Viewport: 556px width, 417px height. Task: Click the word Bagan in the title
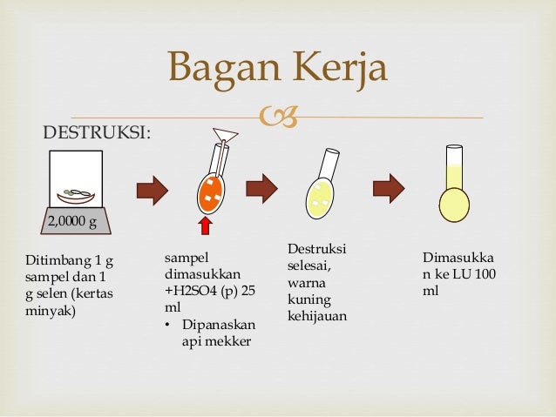[215, 70]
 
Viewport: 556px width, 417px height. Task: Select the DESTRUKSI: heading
[97, 132]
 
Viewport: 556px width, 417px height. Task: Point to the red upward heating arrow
[207, 228]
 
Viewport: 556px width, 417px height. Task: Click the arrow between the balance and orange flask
[152, 189]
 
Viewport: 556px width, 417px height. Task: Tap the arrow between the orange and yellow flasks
[261, 188]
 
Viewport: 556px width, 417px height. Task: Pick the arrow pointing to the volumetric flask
[389, 188]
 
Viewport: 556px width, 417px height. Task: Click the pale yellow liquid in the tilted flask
[318, 198]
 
